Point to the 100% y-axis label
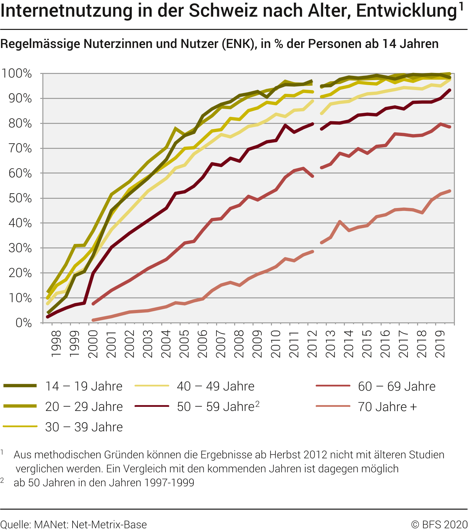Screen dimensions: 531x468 (17, 74)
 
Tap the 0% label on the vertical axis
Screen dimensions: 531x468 (24, 323)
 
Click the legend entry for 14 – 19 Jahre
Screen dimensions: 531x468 (84, 386)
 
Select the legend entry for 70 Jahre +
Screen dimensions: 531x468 (387, 407)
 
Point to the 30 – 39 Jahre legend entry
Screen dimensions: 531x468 (84, 427)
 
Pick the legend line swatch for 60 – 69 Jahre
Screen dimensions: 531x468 (333, 386)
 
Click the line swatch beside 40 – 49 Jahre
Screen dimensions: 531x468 (152, 386)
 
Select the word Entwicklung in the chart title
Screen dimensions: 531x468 (407, 11)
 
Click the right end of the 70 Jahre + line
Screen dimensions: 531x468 (450, 191)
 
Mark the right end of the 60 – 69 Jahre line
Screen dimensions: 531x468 (450, 127)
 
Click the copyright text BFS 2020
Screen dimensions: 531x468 (439, 524)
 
